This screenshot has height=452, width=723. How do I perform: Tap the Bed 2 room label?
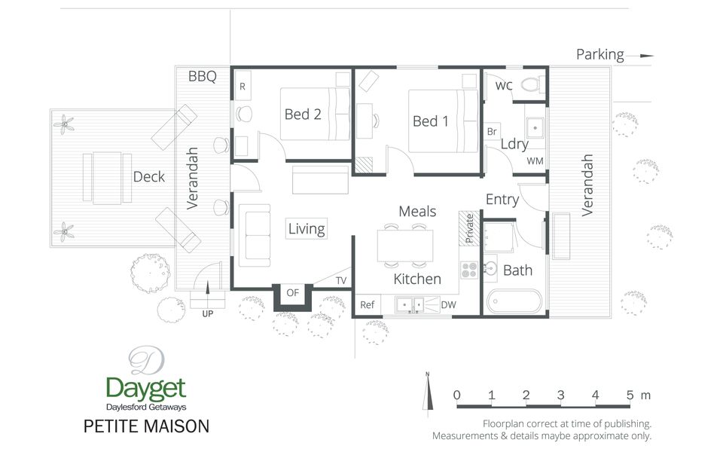(303, 115)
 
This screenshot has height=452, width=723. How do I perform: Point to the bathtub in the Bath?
(514, 302)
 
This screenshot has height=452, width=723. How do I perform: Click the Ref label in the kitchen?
(368, 304)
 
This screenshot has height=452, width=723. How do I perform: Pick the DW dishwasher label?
(447, 304)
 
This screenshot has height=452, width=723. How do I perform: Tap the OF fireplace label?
(293, 293)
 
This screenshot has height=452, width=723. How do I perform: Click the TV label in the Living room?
(341, 281)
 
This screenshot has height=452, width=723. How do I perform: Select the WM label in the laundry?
(535, 161)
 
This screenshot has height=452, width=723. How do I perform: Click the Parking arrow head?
(647, 55)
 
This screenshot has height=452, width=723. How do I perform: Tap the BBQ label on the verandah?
(202, 76)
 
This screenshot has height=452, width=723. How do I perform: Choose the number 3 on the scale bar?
(560, 395)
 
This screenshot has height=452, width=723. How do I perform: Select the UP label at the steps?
(207, 313)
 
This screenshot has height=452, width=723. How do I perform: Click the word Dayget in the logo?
(145, 389)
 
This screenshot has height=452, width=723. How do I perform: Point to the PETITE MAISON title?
(146, 426)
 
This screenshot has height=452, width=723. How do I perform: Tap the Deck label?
(148, 177)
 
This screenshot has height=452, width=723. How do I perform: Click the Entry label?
(502, 200)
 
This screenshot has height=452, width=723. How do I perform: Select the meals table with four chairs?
(405, 245)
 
